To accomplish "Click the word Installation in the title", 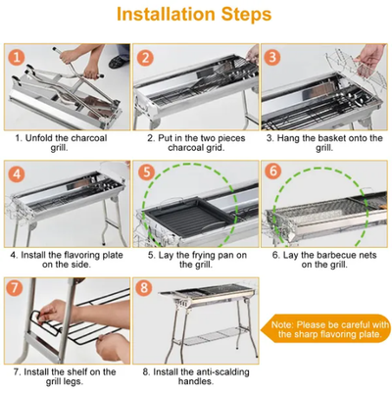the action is coord(166,15).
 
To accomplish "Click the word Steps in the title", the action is coord(246,15).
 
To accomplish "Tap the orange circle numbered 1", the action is coord(17,58).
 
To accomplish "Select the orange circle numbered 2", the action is coord(145,58).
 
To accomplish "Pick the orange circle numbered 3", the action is coord(272,58).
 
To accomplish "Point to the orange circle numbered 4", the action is coord(17,173).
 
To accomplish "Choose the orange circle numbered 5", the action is coord(146,172).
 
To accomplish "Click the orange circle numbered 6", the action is coord(273,171).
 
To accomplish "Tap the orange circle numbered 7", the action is coord(15,288).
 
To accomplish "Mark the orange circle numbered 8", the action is coord(144,288).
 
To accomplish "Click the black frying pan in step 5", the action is coord(189,217).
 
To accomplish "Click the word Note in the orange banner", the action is coord(282,325).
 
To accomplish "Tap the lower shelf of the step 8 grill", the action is coord(212,336).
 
